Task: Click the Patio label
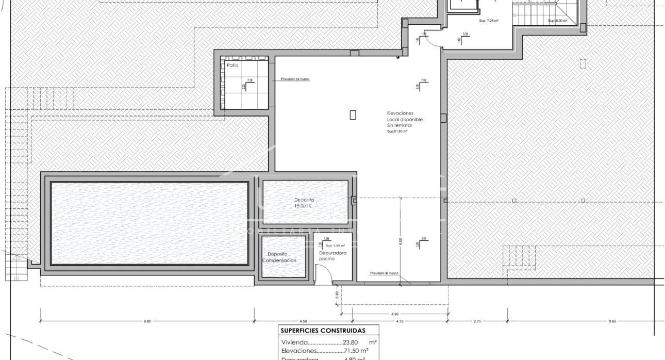click(x=232, y=66)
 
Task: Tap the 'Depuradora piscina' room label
click(x=332, y=256)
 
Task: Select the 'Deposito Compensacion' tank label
click(x=279, y=257)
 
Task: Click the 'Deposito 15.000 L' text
click(x=304, y=203)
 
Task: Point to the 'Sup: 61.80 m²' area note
click(x=397, y=132)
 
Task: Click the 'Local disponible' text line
click(x=405, y=119)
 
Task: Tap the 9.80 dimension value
click(x=147, y=321)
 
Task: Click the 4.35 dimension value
click(x=400, y=321)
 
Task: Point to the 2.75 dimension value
click(x=477, y=321)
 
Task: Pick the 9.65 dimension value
click(x=612, y=321)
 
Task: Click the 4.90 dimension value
click(x=394, y=313)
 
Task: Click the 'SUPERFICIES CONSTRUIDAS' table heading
click(x=322, y=331)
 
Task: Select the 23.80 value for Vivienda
click(x=352, y=342)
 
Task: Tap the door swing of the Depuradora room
click(x=323, y=278)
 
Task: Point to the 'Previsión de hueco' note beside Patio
click(x=295, y=79)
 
